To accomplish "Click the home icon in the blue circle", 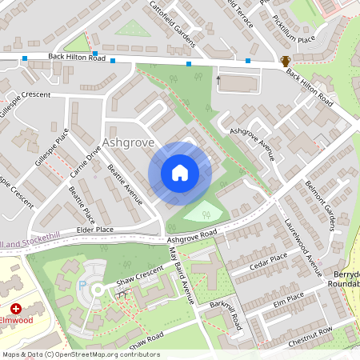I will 180,173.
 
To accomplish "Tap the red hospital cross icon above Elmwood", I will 16,308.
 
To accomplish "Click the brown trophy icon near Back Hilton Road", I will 286,61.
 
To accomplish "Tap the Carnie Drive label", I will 85,160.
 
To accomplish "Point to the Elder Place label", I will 94,230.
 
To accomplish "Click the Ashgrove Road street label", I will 192,237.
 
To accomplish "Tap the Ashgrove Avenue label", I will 252,143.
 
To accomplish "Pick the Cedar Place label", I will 268,260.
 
